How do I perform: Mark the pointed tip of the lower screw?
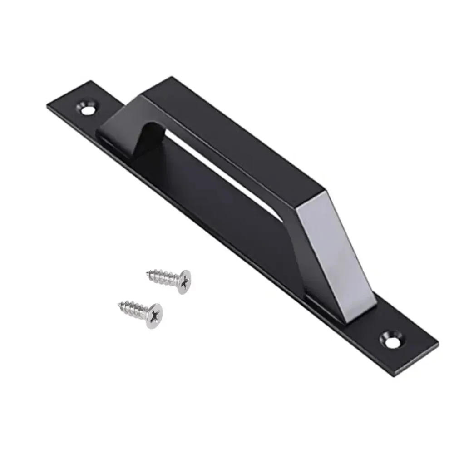point(118,303)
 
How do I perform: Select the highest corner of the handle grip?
point(172,77)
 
